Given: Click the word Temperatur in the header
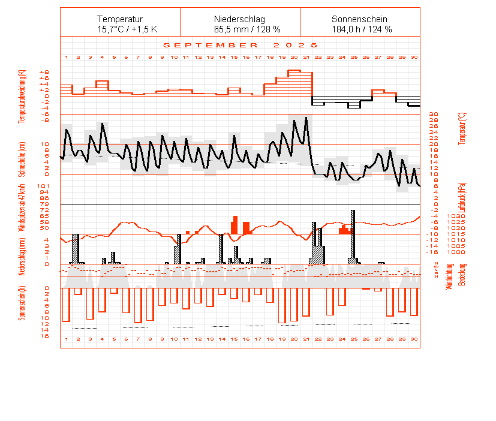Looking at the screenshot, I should (x=120, y=19).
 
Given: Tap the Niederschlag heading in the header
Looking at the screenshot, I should (x=239, y=19).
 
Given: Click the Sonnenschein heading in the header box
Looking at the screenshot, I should (x=359, y=19).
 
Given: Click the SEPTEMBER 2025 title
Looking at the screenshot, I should (x=241, y=45).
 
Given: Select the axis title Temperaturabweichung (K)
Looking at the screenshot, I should (x=22, y=97).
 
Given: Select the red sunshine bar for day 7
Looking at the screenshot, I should (x=138, y=305).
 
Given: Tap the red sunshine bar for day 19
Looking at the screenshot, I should (x=282, y=305).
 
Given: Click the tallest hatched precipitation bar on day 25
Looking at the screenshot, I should (x=353, y=236).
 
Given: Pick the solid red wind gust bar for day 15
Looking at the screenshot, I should (x=235, y=225).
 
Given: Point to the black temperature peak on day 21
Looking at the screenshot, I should (x=306, y=118).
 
